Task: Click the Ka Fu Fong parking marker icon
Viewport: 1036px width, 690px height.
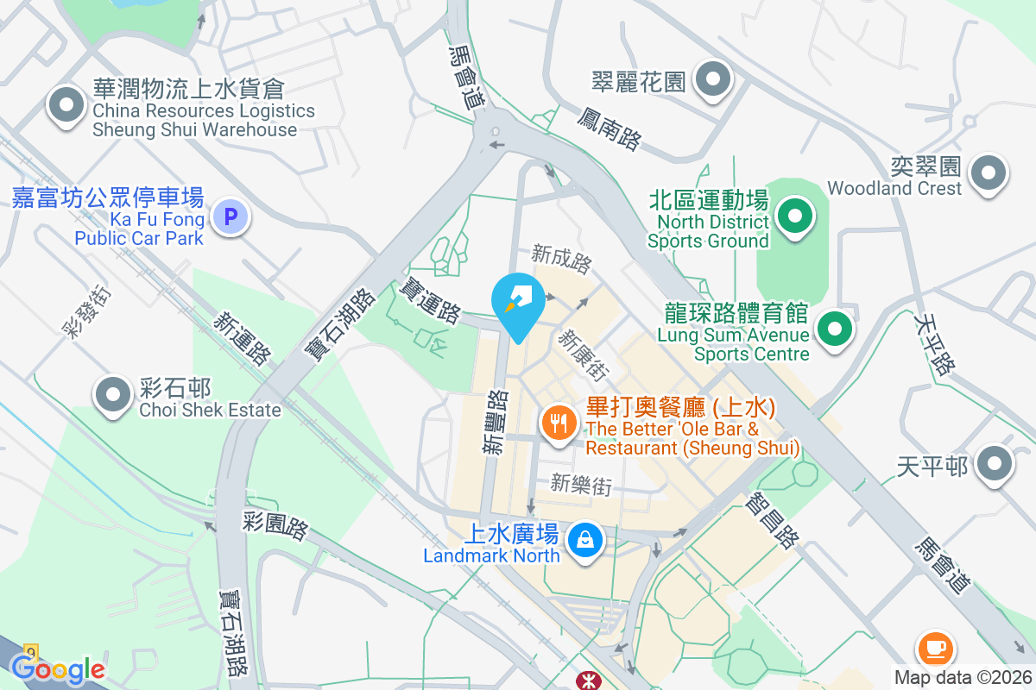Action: point(230,216)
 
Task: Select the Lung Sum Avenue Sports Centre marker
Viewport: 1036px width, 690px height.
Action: point(834,329)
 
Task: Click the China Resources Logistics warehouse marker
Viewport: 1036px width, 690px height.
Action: point(66,107)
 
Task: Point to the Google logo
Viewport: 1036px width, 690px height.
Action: point(58,668)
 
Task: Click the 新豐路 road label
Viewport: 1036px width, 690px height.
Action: point(496,423)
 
